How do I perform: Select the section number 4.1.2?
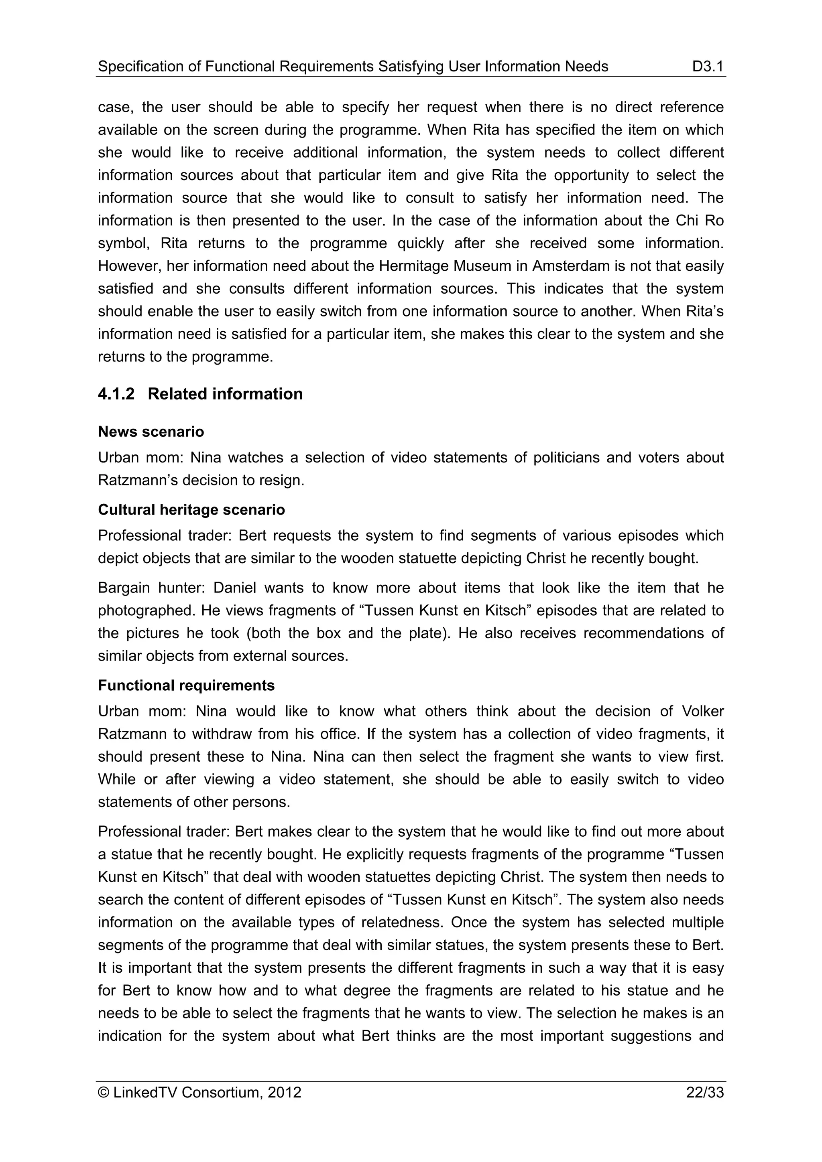(x=116, y=394)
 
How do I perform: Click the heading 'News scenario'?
(x=151, y=432)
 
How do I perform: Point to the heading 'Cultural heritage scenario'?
(x=191, y=510)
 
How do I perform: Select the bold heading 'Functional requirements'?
(x=186, y=685)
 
